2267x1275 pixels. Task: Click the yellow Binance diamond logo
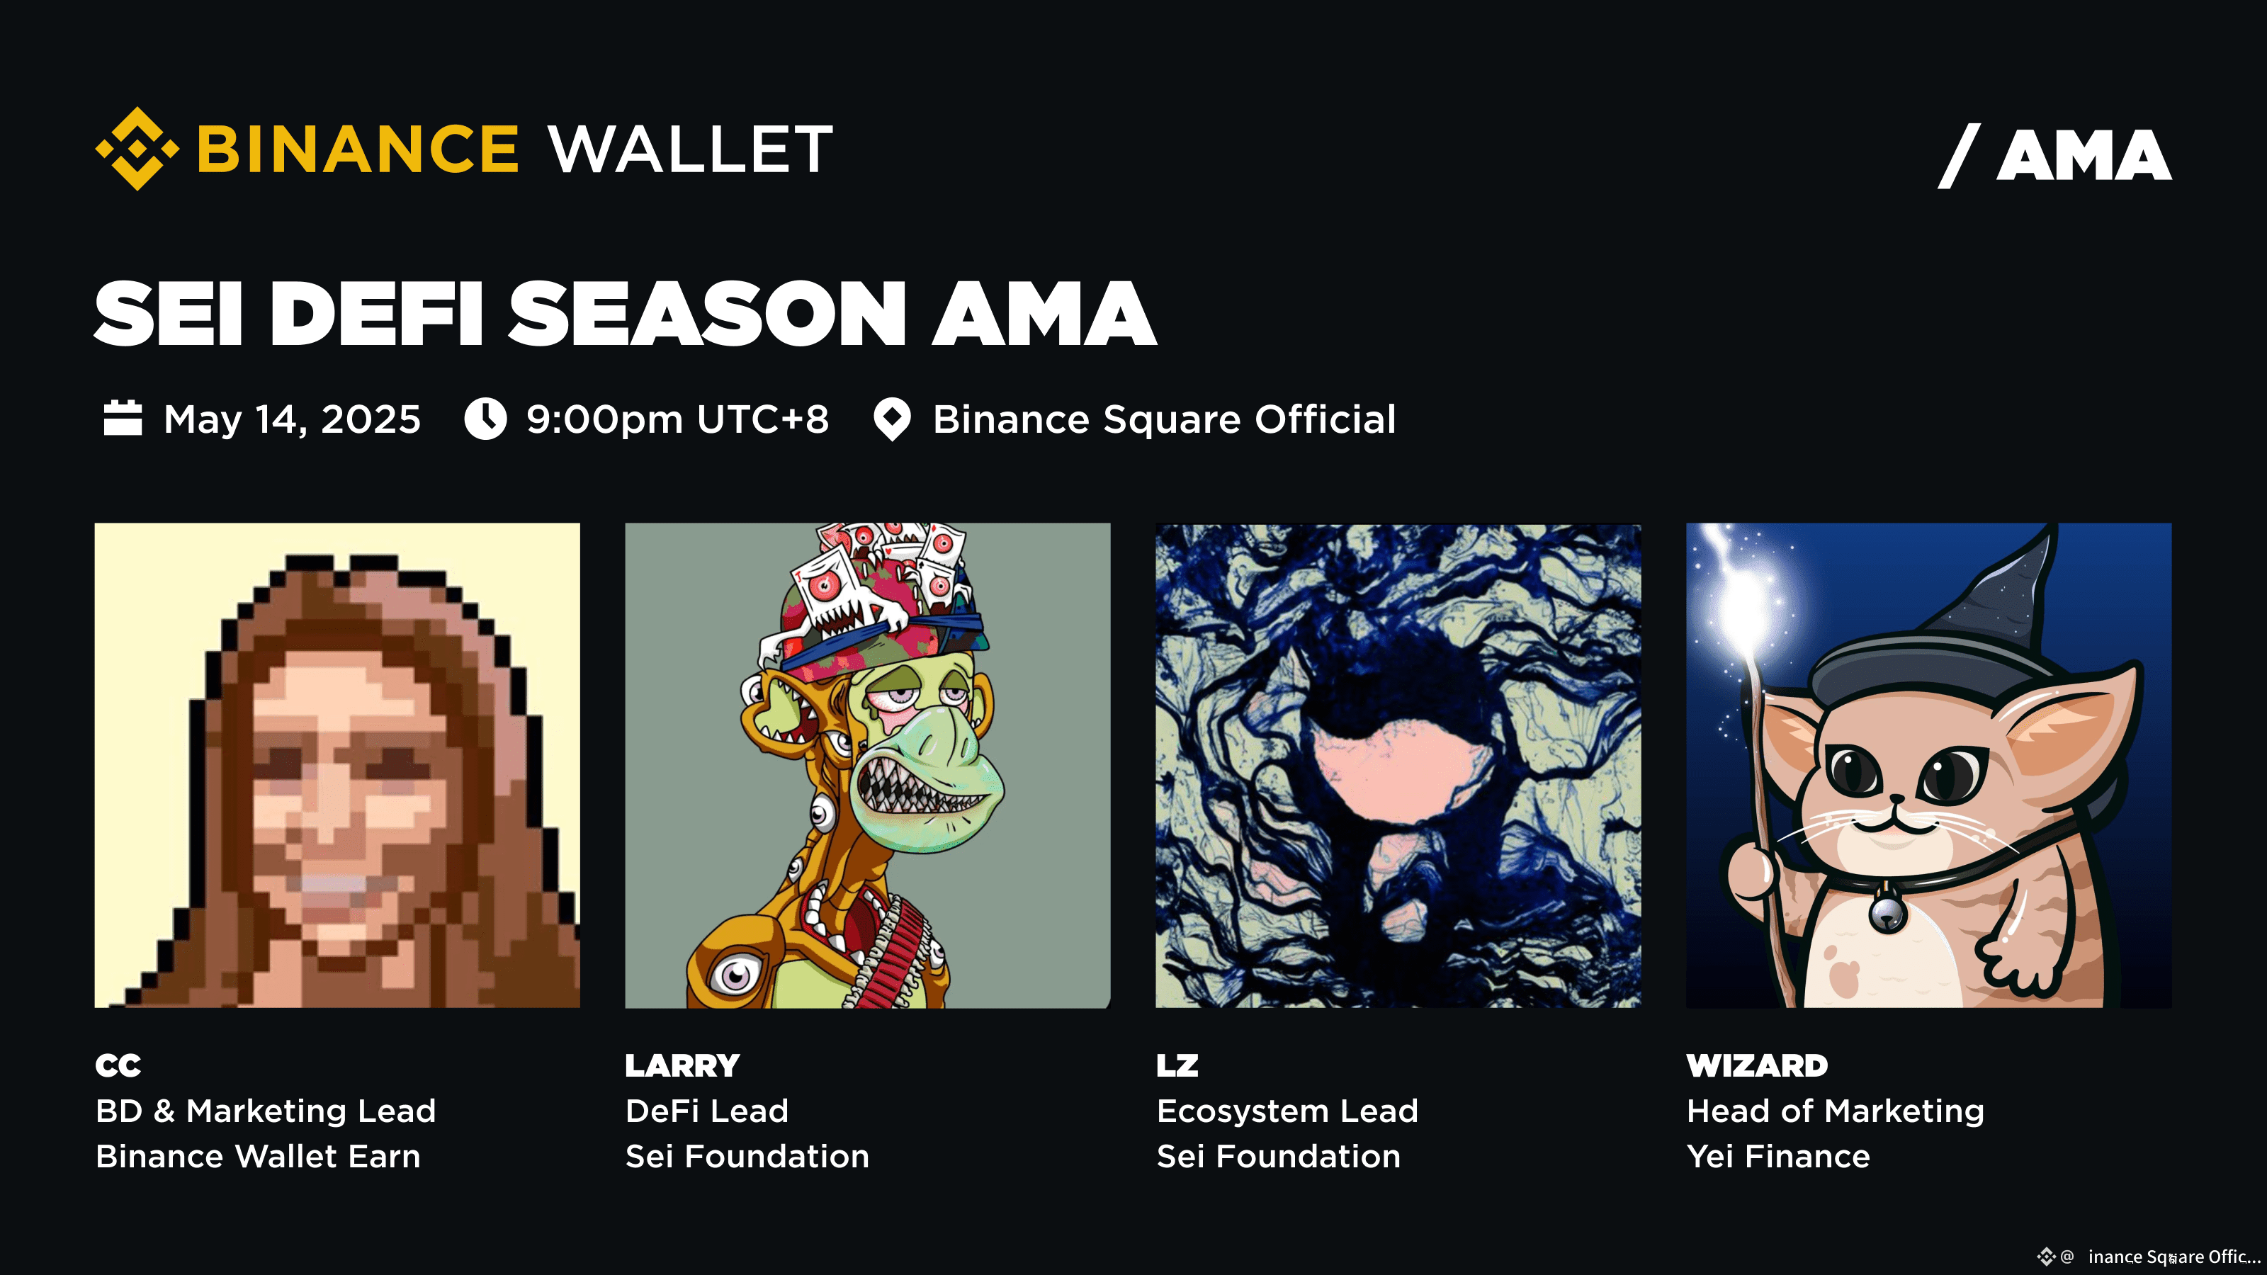point(137,148)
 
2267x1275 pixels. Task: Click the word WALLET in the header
point(690,149)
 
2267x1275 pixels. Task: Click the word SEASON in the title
point(707,314)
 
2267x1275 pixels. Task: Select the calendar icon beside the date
point(123,418)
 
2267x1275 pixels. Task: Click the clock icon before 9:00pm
point(485,418)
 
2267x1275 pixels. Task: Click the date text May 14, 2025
point(292,419)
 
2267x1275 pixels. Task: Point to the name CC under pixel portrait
point(118,1065)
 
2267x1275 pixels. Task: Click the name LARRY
point(682,1065)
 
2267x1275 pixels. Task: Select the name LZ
point(1177,1065)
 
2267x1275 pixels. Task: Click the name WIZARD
point(1757,1065)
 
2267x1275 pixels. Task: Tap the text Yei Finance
point(1777,1156)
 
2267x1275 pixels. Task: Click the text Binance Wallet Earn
point(258,1156)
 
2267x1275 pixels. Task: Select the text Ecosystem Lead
point(1287,1111)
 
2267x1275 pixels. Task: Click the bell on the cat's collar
point(1888,912)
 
